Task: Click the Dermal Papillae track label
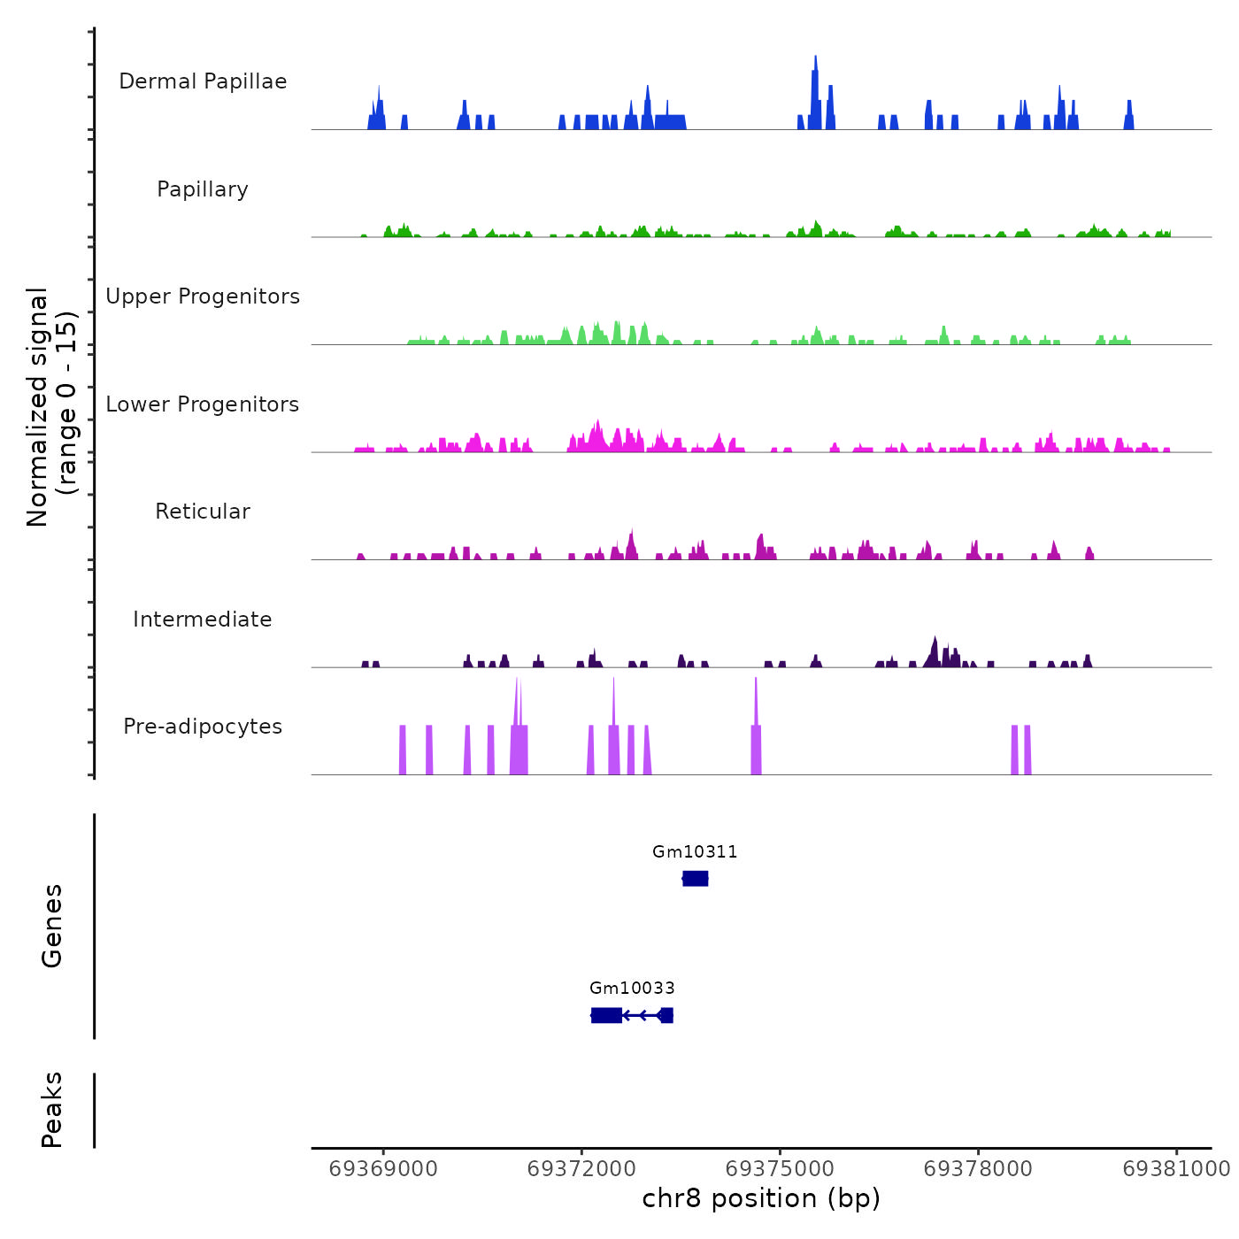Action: click(x=203, y=81)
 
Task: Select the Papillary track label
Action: click(x=203, y=189)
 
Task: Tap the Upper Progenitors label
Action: click(x=203, y=296)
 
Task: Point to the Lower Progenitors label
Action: click(x=203, y=404)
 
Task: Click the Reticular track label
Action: click(x=203, y=512)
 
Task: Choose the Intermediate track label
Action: click(x=203, y=619)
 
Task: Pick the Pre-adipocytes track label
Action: click(x=203, y=727)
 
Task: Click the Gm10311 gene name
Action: click(x=695, y=851)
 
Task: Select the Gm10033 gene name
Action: click(x=632, y=988)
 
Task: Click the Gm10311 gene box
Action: click(x=696, y=878)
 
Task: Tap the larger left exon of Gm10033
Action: click(x=606, y=1015)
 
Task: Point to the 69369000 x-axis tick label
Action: click(x=383, y=1169)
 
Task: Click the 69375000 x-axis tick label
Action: click(x=780, y=1169)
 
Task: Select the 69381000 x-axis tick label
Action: click(x=1176, y=1169)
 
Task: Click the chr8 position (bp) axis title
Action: click(x=761, y=1198)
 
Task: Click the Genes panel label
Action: click(x=51, y=926)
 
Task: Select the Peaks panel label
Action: click(x=51, y=1110)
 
